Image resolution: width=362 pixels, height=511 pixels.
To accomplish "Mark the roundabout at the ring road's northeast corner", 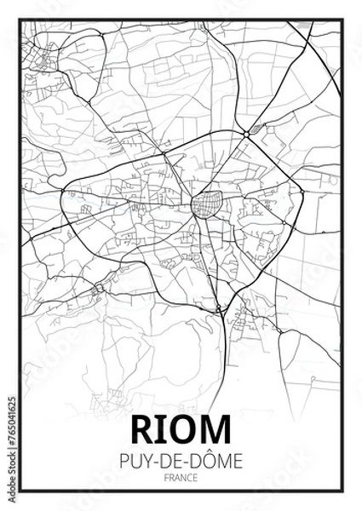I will tap(246, 135).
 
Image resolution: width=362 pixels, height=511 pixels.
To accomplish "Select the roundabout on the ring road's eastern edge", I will tap(301, 192).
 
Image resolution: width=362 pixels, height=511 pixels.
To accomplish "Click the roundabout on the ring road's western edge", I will tap(65, 188).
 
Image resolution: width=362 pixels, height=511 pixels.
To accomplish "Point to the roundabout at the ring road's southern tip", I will tap(219, 308).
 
